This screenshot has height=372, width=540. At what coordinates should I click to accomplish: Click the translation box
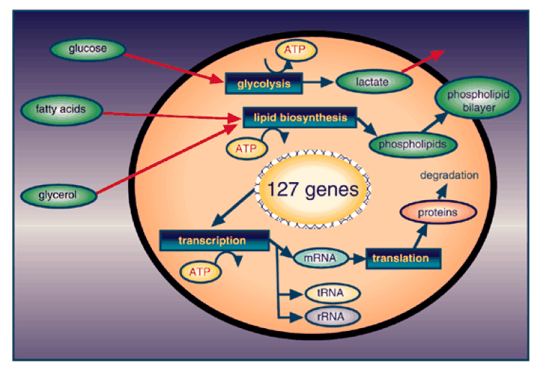click(402, 258)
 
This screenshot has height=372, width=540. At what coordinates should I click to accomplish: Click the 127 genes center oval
click(312, 191)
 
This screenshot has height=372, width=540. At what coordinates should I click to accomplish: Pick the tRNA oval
click(331, 294)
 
